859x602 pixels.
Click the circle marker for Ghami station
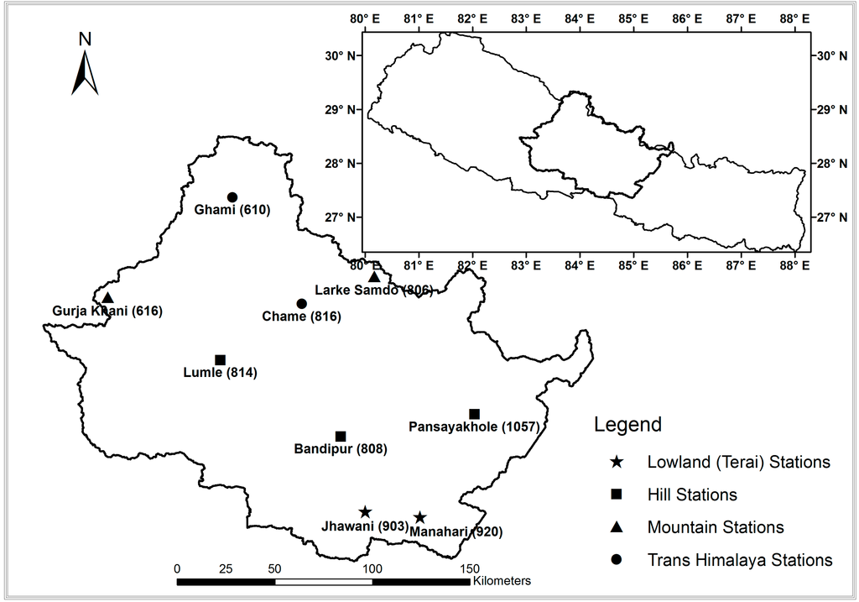(x=232, y=197)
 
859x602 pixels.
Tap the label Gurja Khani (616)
(x=102, y=311)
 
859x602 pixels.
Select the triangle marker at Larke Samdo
(x=374, y=277)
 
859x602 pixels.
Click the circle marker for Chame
(x=302, y=304)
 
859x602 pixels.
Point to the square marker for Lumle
(x=221, y=360)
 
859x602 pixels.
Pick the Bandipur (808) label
(x=340, y=449)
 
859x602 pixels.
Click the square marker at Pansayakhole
(x=474, y=414)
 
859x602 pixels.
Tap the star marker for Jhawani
(x=365, y=512)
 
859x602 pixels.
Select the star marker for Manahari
(x=419, y=518)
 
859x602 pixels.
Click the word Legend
(x=627, y=424)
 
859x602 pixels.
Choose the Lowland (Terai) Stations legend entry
(x=738, y=462)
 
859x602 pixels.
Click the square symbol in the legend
(x=617, y=495)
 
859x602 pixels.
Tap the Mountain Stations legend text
(x=716, y=527)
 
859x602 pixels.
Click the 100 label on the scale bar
(x=372, y=568)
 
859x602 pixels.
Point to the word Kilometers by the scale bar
(x=502, y=580)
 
